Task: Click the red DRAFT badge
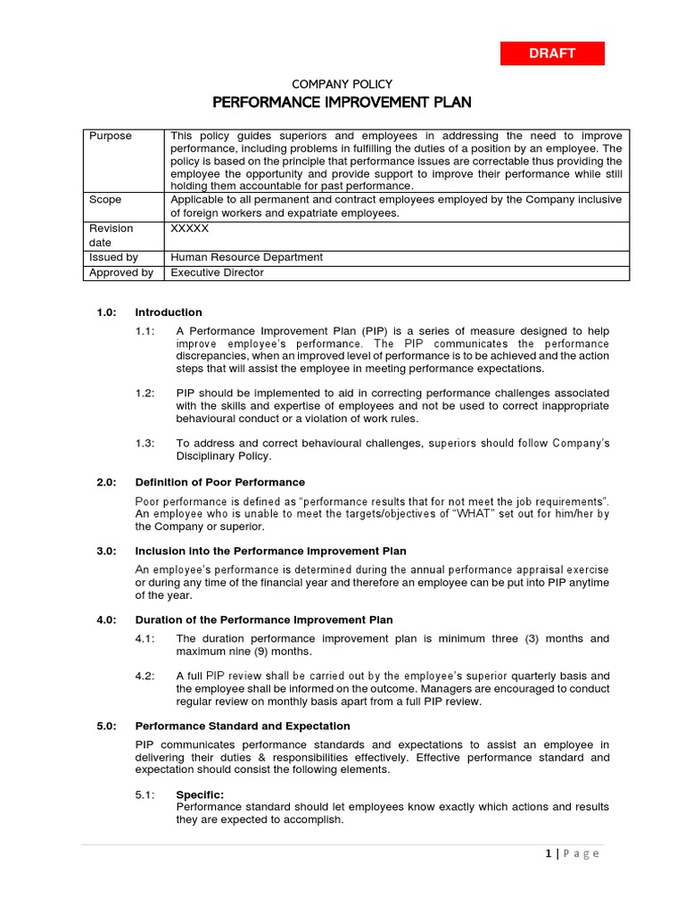click(x=552, y=54)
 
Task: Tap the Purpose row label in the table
click(x=110, y=136)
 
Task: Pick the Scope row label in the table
click(x=105, y=200)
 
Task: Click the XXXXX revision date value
click(x=190, y=228)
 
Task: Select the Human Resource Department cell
click(x=247, y=257)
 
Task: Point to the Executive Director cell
click(x=218, y=272)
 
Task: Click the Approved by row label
click(x=120, y=272)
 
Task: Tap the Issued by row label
click(x=113, y=257)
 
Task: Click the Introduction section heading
click(x=169, y=312)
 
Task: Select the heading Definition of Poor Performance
click(x=219, y=482)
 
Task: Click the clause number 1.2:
click(x=145, y=393)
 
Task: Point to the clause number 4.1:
click(x=145, y=638)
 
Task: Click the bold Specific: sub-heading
click(x=200, y=794)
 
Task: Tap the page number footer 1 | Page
click(x=572, y=853)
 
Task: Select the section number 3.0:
click(x=108, y=551)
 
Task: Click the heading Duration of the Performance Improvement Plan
click(x=263, y=619)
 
